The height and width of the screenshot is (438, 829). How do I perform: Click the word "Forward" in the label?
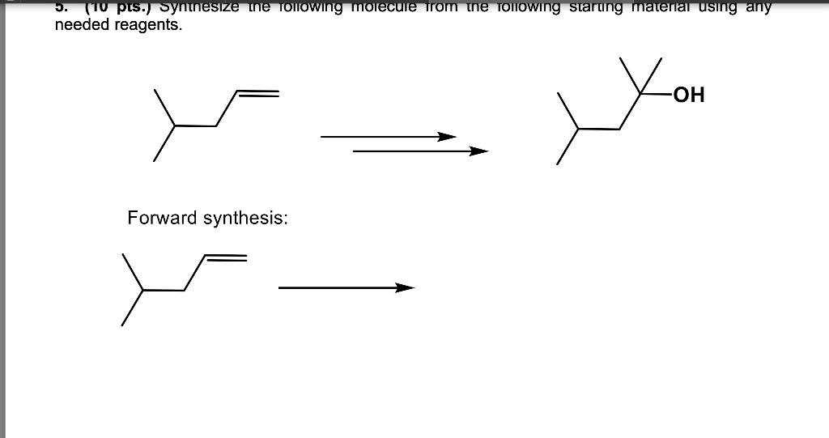(162, 219)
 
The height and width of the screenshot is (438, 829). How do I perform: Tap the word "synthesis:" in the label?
(245, 219)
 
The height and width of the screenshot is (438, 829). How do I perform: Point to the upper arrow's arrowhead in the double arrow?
(447, 137)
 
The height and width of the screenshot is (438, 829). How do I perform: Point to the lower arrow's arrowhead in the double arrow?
(480, 151)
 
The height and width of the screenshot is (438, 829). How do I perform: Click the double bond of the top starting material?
(257, 93)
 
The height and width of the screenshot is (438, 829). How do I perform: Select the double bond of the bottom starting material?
(224, 257)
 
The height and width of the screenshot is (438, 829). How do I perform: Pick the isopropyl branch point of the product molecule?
(579, 128)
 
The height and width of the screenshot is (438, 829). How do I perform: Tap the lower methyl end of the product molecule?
(558, 164)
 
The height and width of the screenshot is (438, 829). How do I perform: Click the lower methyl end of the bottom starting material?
(123, 325)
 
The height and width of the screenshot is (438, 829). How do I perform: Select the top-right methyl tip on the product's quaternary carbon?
(661, 61)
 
